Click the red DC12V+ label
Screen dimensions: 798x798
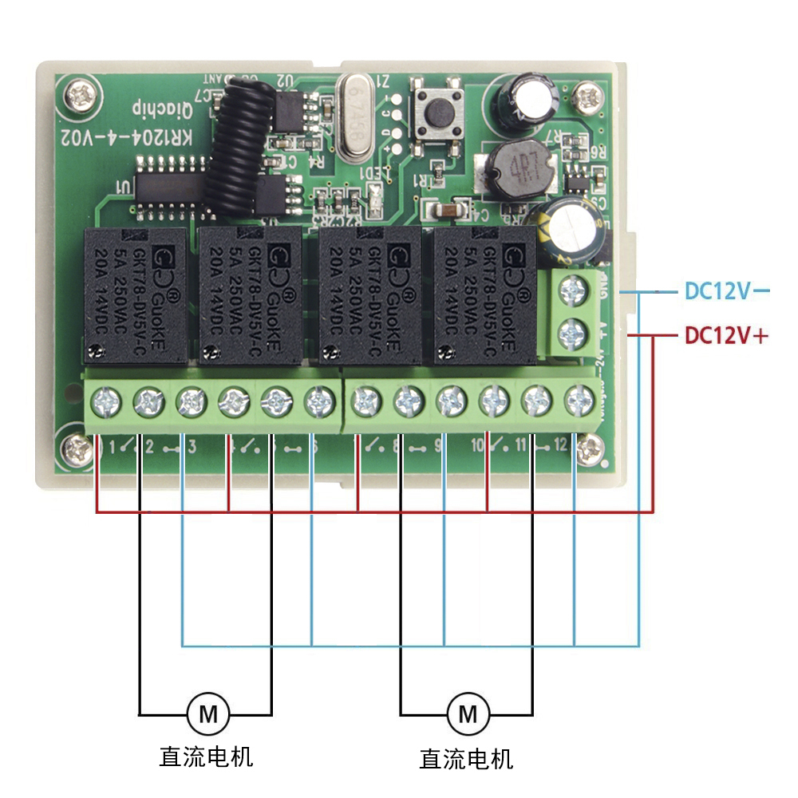click(726, 336)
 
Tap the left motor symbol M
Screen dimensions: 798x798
click(207, 713)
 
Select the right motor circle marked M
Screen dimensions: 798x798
click(468, 713)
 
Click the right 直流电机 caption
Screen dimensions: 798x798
click(466, 757)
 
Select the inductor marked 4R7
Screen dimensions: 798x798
click(517, 169)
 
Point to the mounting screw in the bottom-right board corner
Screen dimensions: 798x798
click(591, 449)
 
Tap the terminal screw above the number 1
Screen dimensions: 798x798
click(105, 398)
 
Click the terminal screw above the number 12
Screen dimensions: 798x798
click(578, 398)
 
